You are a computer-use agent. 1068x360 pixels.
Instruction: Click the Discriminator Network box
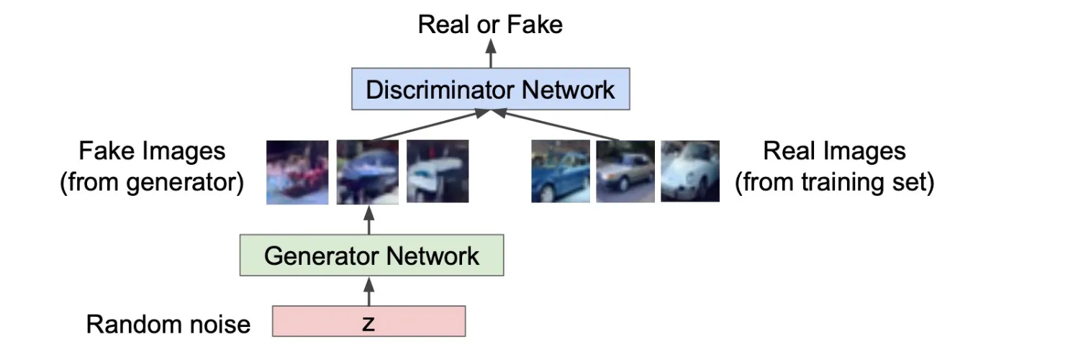(x=491, y=89)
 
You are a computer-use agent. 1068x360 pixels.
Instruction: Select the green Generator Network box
(x=371, y=255)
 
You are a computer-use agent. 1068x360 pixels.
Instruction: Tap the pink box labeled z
(x=368, y=321)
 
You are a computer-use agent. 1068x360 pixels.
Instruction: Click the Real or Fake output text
(x=490, y=24)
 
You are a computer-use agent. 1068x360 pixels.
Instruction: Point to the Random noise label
(x=168, y=324)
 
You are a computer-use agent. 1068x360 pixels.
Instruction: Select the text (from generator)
(x=152, y=182)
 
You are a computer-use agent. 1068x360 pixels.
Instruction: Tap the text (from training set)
(x=834, y=182)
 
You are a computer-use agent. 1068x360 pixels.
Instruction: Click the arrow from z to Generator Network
(x=368, y=292)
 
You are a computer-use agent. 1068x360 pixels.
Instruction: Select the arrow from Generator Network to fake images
(x=368, y=220)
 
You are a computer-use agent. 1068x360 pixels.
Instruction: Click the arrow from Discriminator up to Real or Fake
(x=491, y=53)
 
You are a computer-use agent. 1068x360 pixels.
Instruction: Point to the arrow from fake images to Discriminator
(x=430, y=125)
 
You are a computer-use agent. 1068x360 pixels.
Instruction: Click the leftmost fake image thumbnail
(x=297, y=172)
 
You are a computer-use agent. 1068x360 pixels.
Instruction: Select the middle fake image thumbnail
(x=368, y=172)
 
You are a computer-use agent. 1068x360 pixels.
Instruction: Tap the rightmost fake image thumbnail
(x=438, y=171)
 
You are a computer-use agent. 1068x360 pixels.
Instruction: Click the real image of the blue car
(x=561, y=171)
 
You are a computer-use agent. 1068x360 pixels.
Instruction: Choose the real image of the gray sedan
(x=625, y=171)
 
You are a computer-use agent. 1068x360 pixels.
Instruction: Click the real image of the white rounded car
(x=690, y=171)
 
